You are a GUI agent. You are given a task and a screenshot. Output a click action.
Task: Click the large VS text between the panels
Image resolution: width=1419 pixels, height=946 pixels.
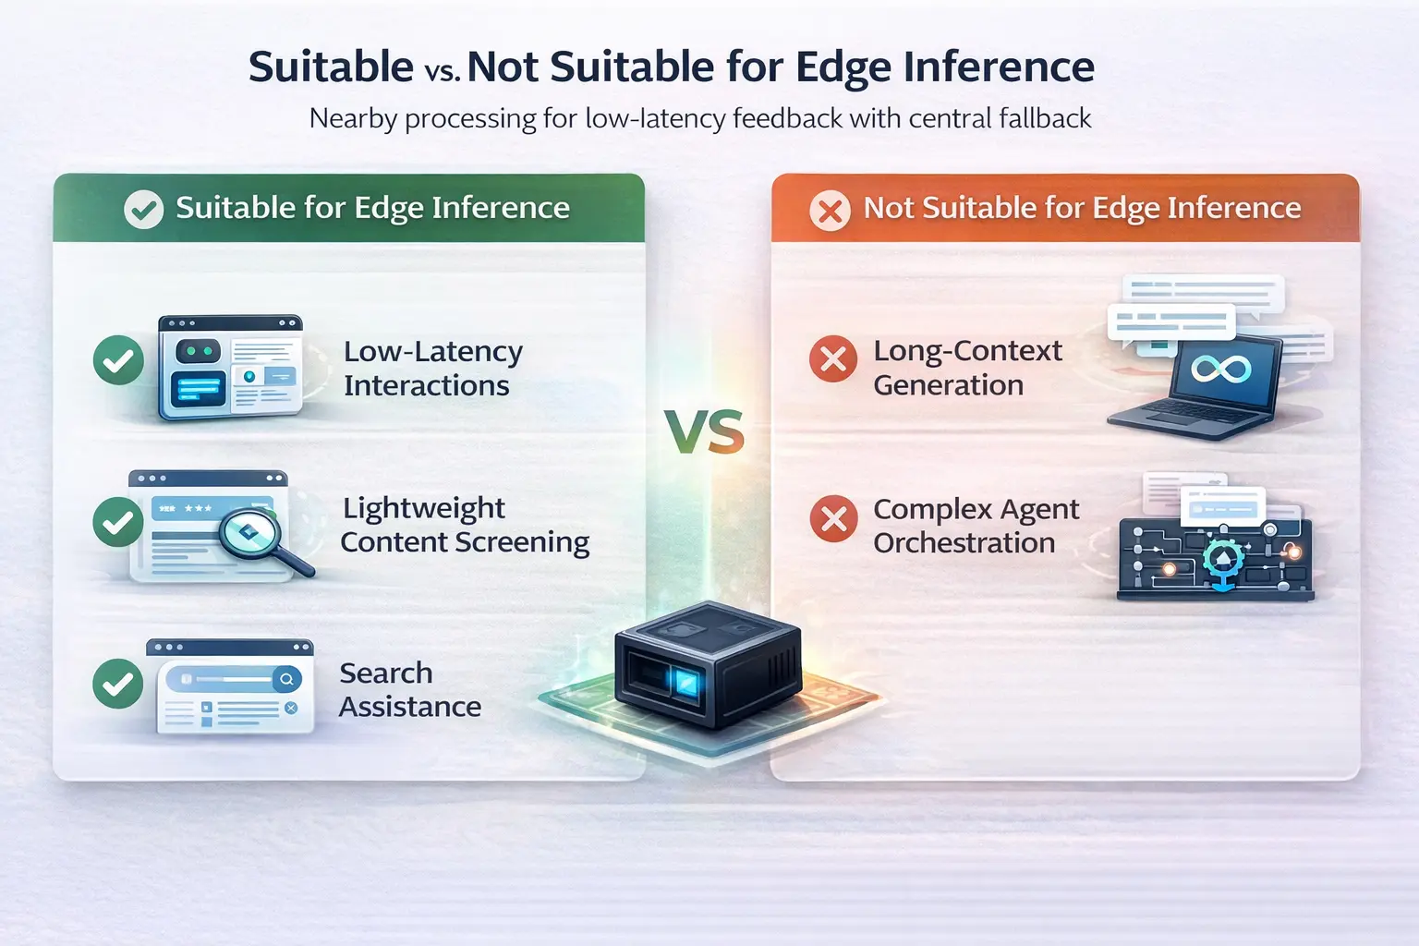tap(705, 432)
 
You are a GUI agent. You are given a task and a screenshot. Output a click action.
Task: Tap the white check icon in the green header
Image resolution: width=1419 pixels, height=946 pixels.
tap(144, 209)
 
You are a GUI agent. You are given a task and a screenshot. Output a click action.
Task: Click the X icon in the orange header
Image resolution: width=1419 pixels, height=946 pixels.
tap(830, 211)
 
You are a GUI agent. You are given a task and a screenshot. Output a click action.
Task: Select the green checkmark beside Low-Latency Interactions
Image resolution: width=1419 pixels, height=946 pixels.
tap(118, 360)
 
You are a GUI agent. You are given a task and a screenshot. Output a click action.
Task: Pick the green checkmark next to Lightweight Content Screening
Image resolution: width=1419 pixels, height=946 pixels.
tap(118, 522)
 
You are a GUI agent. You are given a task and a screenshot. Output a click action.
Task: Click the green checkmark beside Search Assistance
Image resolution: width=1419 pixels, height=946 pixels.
tap(118, 683)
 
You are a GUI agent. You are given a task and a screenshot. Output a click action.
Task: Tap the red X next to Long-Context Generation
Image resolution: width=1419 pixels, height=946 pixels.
tap(833, 358)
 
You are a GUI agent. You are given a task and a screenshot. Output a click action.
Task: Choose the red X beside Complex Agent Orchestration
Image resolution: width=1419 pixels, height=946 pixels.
tap(833, 518)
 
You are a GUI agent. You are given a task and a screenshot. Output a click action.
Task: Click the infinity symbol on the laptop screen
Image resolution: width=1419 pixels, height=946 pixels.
tap(1220, 369)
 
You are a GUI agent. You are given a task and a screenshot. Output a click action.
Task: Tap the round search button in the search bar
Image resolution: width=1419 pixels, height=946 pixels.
tap(286, 679)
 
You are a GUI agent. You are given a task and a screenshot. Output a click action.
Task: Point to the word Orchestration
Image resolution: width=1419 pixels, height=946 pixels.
tap(964, 543)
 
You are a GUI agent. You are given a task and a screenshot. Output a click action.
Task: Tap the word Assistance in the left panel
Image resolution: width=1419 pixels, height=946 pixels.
tap(410, 707)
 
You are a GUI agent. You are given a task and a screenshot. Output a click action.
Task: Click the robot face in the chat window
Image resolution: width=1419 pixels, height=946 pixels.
tap(199, 350)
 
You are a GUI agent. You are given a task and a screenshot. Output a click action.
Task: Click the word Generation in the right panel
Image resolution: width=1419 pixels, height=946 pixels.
tap(949, 385)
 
